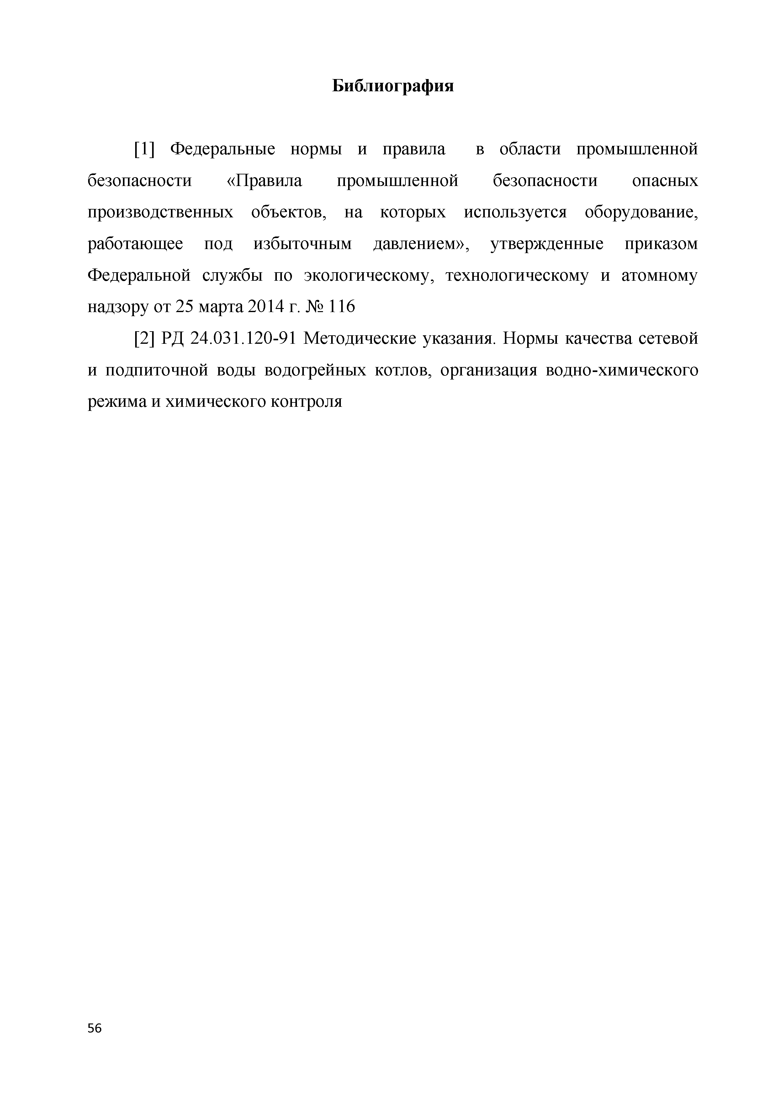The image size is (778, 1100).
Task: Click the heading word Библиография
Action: point(393,86)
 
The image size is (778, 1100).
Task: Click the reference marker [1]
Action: point(144,150)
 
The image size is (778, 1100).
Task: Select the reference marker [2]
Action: point(144,339)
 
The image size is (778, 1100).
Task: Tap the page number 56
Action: point(95,1028)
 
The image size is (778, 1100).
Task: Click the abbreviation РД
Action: point(174,339)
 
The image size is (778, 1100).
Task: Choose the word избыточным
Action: point(303,244)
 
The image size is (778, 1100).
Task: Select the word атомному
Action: point(659,276)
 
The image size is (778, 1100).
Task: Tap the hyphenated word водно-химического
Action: point(621,371)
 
